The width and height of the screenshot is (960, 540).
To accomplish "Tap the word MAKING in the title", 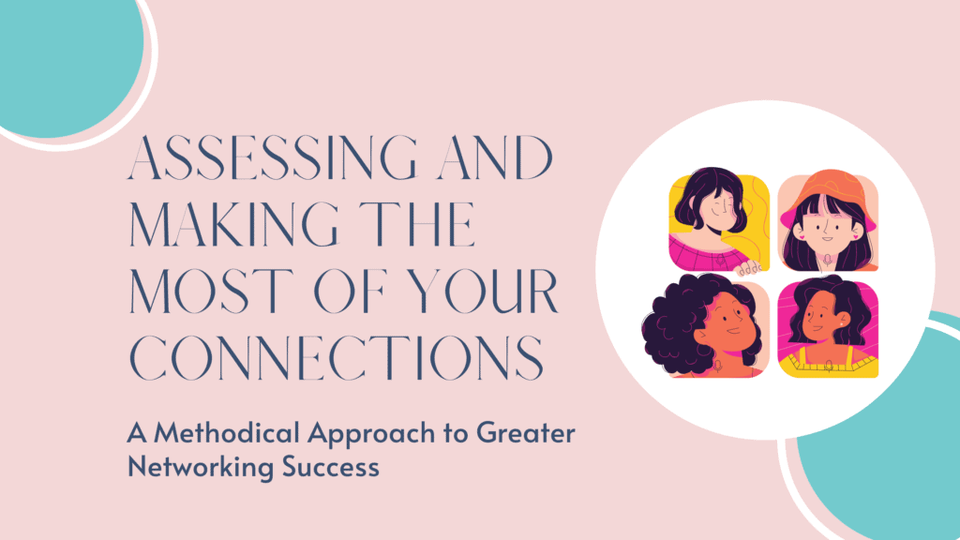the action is (233, 224).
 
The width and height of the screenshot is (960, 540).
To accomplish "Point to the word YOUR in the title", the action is (482, 291).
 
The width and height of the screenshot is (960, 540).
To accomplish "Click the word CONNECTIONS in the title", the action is (337, 357).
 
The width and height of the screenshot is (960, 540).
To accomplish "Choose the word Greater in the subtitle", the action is (526, 433).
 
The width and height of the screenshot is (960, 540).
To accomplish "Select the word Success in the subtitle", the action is (331, 467).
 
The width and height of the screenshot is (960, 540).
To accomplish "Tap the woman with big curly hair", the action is (704, 325).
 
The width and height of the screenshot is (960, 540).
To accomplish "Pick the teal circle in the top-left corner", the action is (67, 61).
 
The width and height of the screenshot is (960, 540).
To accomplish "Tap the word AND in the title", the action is (495, 157).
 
